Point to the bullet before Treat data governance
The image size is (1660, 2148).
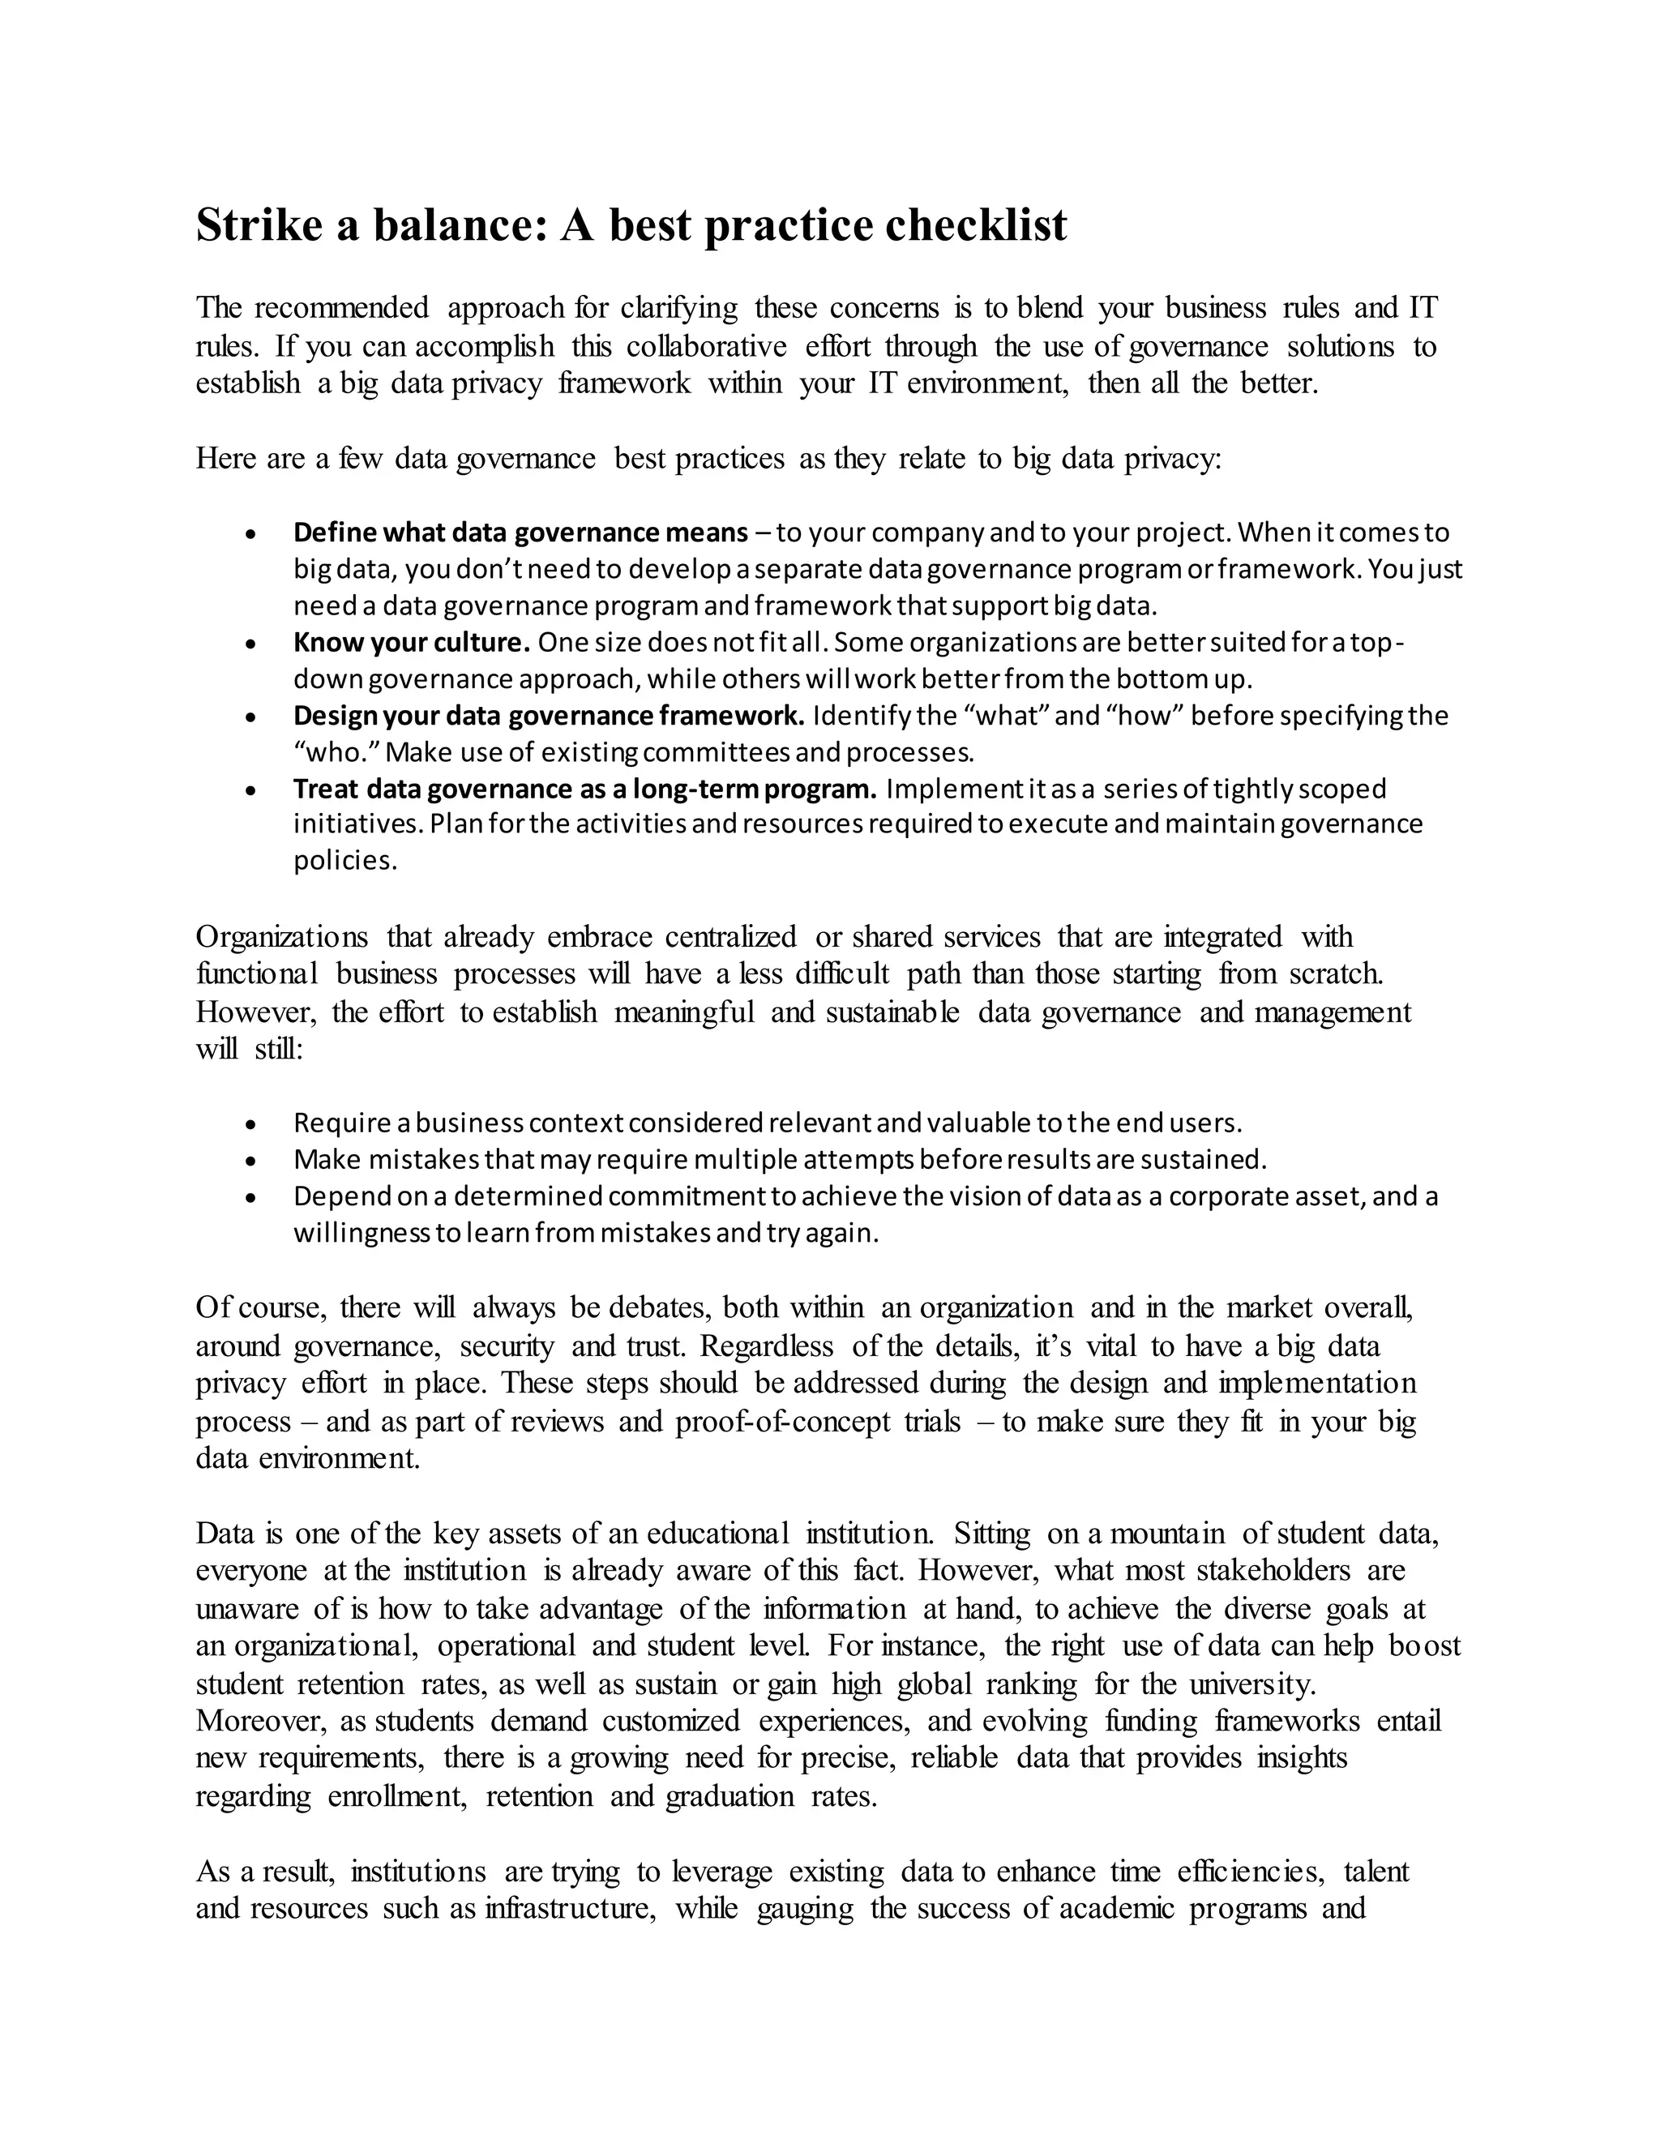tap(253, 789)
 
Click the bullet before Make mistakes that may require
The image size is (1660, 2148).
tap(253, 1161)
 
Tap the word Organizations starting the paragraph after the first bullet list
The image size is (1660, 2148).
tap(282, 936)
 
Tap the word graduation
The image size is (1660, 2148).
tap(729, 1796)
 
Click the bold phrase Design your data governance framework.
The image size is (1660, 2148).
tap(549, 715)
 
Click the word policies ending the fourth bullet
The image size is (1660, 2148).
tap(345, 861)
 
